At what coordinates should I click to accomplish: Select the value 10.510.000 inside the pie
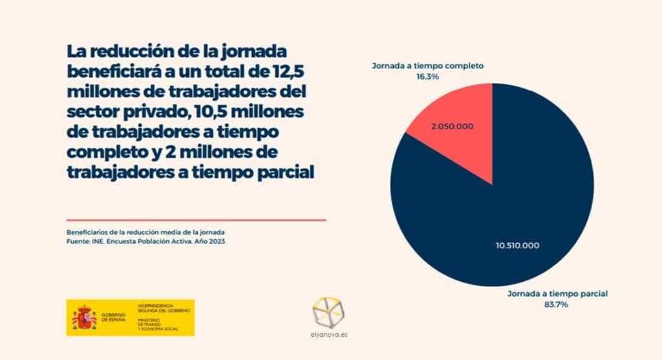[517, 246]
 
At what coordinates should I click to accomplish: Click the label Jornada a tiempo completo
[427, 66]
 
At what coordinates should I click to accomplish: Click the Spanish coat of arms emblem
[84, 317]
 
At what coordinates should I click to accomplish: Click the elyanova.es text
[330, 335]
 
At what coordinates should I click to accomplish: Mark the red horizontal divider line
[196, 220]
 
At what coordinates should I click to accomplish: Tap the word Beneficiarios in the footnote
[88, 231]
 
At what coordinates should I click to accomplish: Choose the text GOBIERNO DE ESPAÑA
[114, 317]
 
